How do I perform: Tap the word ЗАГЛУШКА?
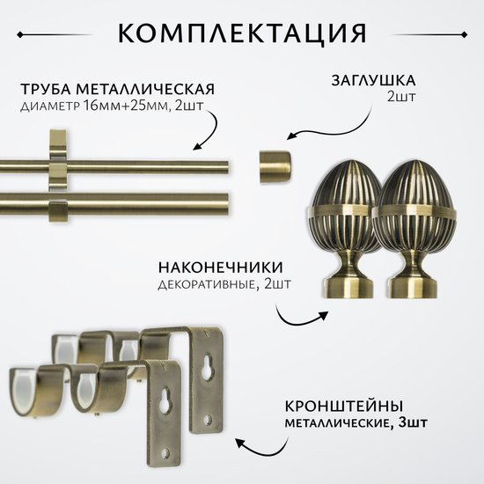click(373, 81)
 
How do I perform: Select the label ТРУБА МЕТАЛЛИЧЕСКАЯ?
click(118, 89)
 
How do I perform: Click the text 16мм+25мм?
click(127, 106)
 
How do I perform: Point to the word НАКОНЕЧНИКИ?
click(221, 268)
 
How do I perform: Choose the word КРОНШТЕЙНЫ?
click(344, 407)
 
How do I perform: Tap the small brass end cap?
click(275, 166)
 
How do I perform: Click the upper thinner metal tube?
click(114, 167)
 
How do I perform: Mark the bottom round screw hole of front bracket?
click(165, 453)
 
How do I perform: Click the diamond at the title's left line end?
click(20, 35)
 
